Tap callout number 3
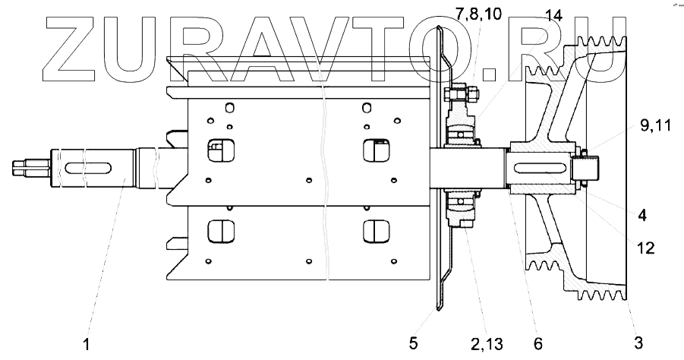[x=638, y=343]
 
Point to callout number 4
[x=641, y=215]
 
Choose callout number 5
[x=414, y=343]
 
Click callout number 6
[x=537, y=343]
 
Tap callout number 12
[x=645, y=248]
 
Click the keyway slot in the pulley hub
[x=541, y=169]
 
